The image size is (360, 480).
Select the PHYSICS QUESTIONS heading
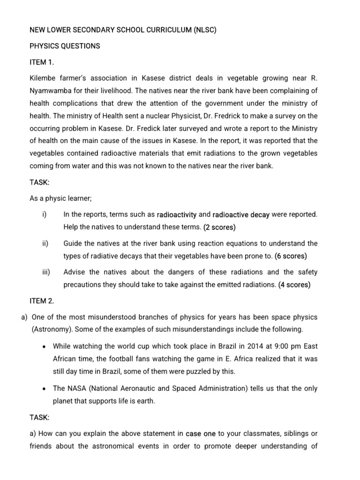click(x=65, y=46)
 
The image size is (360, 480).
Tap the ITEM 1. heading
click(x=42, y=62)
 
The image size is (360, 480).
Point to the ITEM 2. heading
click(x=42, y=300)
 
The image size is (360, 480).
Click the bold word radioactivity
click(x=177, y=215)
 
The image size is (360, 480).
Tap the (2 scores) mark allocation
click(x=219, y=227)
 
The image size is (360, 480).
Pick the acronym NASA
click(x=76, y=388)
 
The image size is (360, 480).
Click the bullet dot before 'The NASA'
click(x=44, y=388)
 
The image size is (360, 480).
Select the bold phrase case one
click(x=202, y=434)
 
